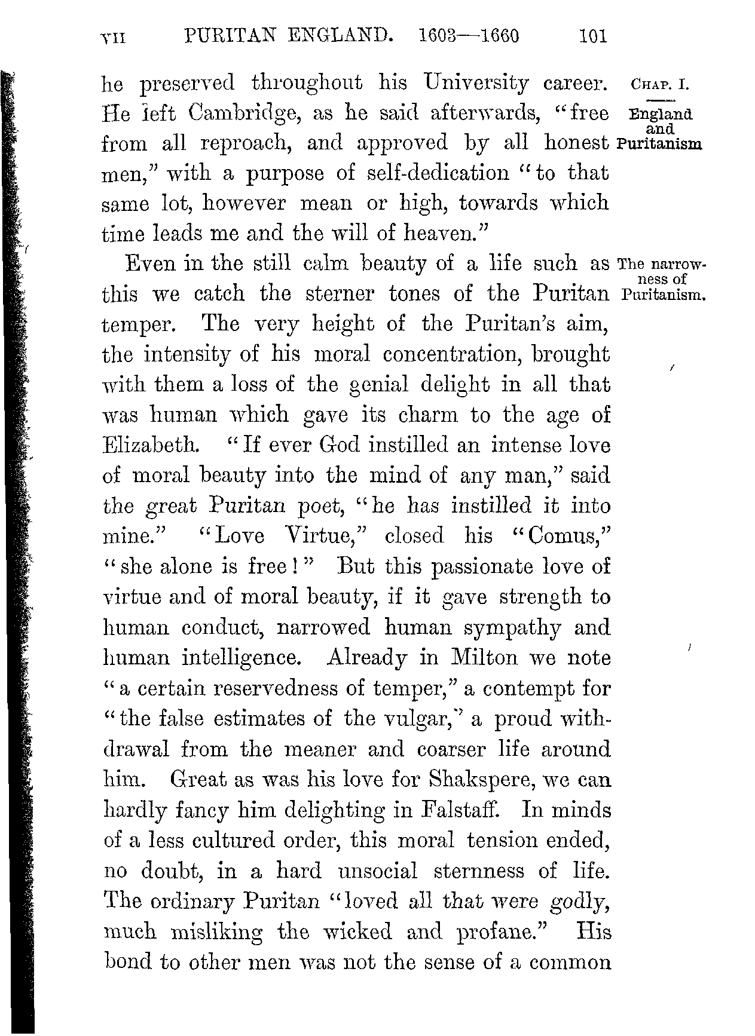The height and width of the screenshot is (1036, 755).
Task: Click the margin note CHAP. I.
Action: [x=660, y=82]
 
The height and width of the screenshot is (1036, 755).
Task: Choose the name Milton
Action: [x=484, y=657]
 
